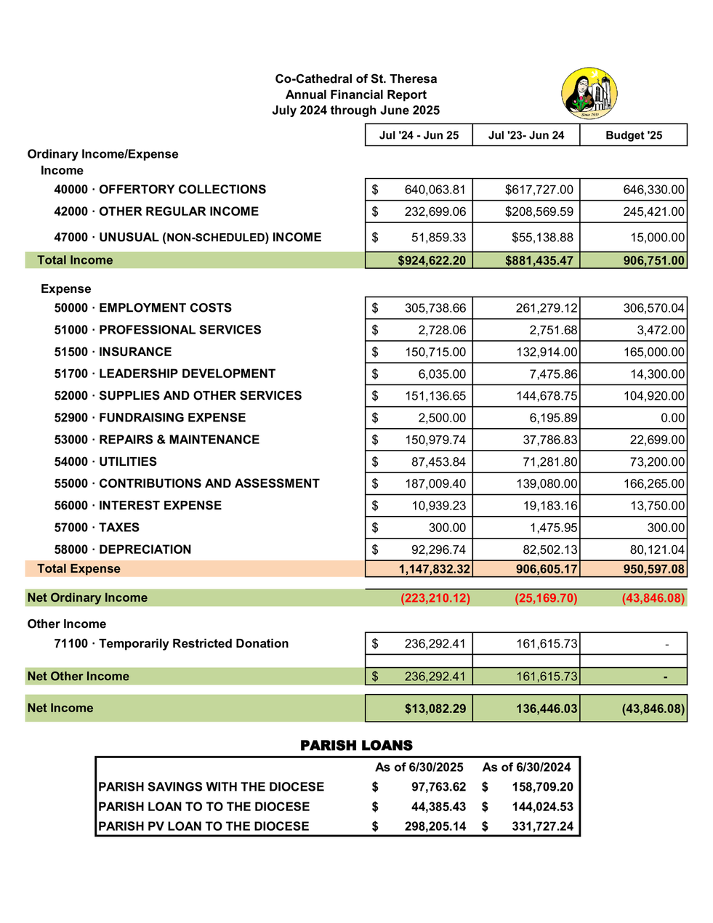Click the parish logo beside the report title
[x=589, y=94]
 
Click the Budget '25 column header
[x=634, y=136]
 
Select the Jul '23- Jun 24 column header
[x=526, y=136]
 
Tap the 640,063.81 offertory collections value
[x=435, y=190]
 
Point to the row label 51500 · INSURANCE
[x=113, y=352]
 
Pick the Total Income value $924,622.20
[x=432, y=260]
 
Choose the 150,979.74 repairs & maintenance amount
[x=435, y=440]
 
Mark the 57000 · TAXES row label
[x=97, y=528]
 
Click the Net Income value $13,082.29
[x=435, y=709]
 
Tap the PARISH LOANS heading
[x=356, y=746]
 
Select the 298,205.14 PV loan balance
[x=435, y=826]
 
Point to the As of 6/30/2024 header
[x=526, y=767]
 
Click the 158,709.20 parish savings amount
[x=542, y=787]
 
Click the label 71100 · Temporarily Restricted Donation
[x=171, y=644]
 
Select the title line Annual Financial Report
[x=356, y=94]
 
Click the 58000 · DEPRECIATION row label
[x=122, y=549]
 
